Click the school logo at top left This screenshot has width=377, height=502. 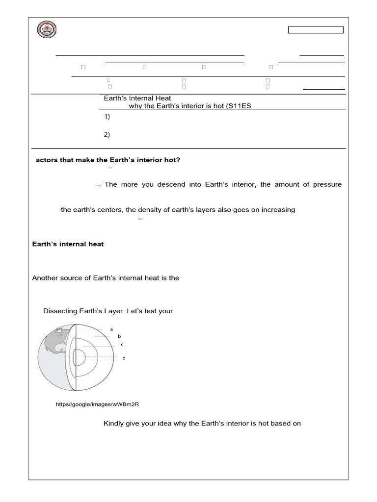(47, 30)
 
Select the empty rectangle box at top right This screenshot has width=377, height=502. (316, 30)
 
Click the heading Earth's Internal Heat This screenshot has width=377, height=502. (137, 98)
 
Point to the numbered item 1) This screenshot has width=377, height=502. (107, 117)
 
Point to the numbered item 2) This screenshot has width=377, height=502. (107, 135)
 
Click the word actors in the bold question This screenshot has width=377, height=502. (47, 160)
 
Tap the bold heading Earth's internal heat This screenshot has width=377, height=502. (68, 244)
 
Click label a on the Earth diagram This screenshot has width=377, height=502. (111, 329)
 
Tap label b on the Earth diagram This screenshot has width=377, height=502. (119, 336)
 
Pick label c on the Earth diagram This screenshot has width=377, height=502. (122, 344)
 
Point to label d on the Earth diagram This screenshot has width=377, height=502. (124, 358)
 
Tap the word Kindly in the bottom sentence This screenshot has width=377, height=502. (114, 423)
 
